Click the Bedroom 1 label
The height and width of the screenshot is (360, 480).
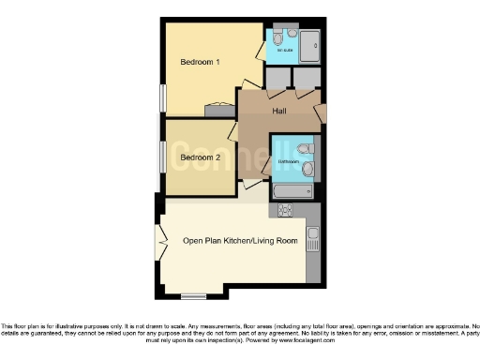point(200,63)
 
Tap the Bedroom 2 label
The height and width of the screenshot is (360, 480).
point(200,157)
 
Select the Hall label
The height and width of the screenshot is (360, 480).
point(279,112)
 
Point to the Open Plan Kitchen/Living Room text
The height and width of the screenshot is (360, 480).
point(240,241)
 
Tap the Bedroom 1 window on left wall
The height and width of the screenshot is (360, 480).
point(162,97)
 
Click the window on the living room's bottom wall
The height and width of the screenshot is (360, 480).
point(193,295)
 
